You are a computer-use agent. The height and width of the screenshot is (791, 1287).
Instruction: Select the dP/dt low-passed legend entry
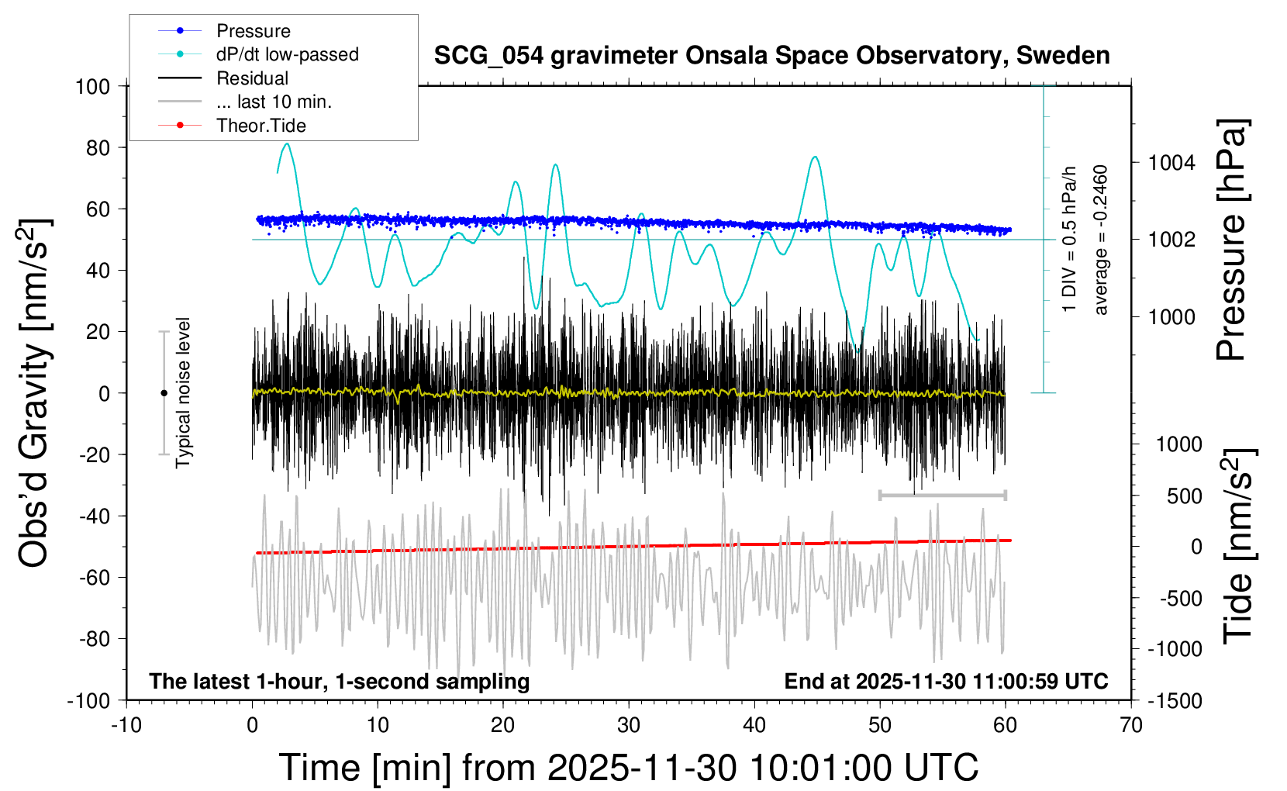point(287,54)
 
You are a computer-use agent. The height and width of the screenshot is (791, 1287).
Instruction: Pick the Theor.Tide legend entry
point(261,126)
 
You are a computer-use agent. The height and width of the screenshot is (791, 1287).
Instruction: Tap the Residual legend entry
point(252,78)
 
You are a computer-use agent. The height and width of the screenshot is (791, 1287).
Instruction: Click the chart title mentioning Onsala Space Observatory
point(771,56)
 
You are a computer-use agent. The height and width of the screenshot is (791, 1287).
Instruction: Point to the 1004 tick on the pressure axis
point(1171,163)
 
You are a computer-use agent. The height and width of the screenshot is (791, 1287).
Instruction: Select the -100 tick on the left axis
point(88,700)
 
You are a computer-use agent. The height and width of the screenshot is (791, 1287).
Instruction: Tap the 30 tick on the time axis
point(629,726)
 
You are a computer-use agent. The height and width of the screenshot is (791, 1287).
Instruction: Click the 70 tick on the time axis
point(1131,726)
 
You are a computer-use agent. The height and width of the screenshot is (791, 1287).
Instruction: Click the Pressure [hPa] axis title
point(1232,240)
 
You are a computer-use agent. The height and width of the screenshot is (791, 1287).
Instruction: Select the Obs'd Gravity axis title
point(35,393)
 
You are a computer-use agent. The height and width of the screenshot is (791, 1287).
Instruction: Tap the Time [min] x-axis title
point(628,768)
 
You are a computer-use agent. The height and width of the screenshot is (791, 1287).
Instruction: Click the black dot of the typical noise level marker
point(164,393)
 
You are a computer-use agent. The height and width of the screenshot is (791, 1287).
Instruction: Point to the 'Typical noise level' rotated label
point(183,393)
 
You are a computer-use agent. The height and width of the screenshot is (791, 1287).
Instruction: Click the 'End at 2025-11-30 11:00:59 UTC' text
point(946,681)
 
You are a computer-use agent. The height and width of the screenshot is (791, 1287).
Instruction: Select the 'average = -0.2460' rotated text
point(1101,240)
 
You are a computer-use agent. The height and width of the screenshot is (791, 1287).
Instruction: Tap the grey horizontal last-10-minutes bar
point(942,495)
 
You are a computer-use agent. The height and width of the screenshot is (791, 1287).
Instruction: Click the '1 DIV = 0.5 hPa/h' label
point(1070,239)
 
